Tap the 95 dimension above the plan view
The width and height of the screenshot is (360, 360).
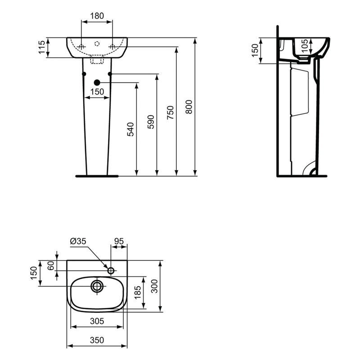point(119,242)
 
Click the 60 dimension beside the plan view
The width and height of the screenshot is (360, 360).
point(51,265)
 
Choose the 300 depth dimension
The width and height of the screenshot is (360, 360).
point(155,285)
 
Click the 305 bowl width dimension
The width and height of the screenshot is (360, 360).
point(97,321)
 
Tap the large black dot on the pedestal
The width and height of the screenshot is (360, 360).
point(97,82)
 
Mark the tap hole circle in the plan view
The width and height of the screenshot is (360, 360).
point(111,270)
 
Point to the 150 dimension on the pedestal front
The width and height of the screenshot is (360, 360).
point(97,92)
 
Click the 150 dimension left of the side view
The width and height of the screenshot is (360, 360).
point(255,50)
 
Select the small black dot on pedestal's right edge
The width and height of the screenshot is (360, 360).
point(110,74)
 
